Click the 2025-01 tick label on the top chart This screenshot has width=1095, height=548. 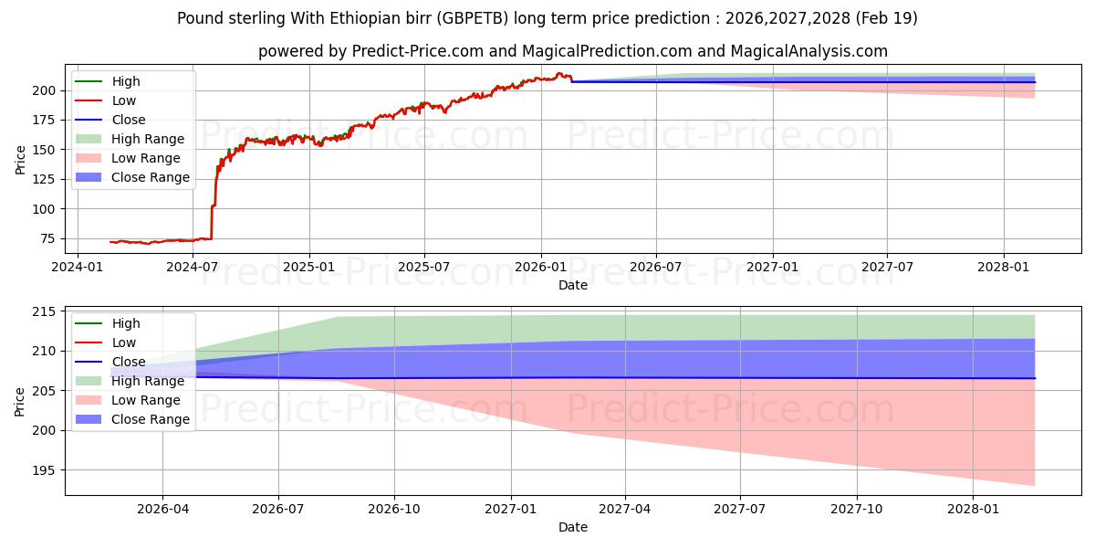click(x=309, y=267)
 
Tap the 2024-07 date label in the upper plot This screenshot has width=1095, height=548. click(x=193, y=267)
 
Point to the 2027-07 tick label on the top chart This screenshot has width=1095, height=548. click(x=887, y=267)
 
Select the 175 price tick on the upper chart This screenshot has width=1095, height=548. click(x=44, y=121)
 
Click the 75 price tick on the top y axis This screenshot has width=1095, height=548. click(x=47, y=238)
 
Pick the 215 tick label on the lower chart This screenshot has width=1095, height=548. click(x=44, y=311)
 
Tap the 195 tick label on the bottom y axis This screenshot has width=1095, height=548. click(x=44, y=470)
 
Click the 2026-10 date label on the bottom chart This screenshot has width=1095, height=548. click(x=394, y=510)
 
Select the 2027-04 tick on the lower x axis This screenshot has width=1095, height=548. click(x=625, y=510)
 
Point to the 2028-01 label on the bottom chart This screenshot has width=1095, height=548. click(x=974, y=510)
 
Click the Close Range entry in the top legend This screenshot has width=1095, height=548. click(x=132, y=177)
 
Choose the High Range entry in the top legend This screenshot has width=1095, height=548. click(x=130, y=139)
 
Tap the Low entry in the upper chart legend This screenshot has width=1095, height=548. click(x=106, y=100)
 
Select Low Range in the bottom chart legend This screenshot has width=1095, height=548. click(x=128, y=400)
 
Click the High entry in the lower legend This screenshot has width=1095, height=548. click(x=108, y=323)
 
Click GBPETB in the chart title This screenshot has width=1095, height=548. click(x=473, y=18)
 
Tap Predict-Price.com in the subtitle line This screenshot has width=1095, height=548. click(x=418, y=51)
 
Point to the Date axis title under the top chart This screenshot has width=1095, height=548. click(x=573, y=285)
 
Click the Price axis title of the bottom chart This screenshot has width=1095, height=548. click(x=19, y=402)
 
